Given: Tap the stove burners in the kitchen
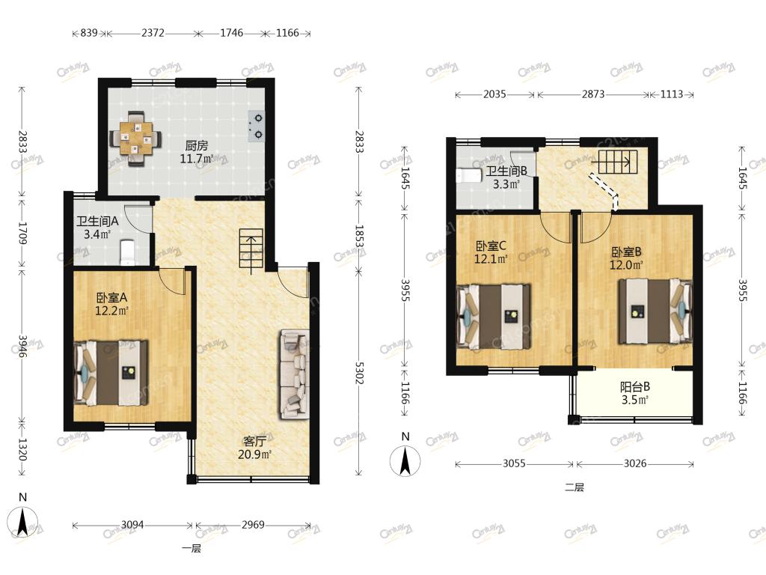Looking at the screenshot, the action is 257,126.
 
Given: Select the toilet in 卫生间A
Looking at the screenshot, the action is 127,252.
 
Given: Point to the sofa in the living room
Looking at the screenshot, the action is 295,374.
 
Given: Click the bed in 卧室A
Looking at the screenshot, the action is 111,373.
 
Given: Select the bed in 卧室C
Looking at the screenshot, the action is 494,317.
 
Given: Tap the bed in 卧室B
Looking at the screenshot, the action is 655,311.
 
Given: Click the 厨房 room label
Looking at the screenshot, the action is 197,145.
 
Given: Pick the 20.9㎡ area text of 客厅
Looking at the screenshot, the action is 254,454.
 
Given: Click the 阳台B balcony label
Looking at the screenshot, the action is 635,387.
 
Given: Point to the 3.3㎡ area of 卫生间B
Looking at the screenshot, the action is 506,184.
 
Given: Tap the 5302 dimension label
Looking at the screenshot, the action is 359,373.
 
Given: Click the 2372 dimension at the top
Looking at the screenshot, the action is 153,33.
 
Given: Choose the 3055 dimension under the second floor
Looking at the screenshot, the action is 514,463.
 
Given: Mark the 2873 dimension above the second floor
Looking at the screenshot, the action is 593,94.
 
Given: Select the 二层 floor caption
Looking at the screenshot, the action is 574,487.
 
